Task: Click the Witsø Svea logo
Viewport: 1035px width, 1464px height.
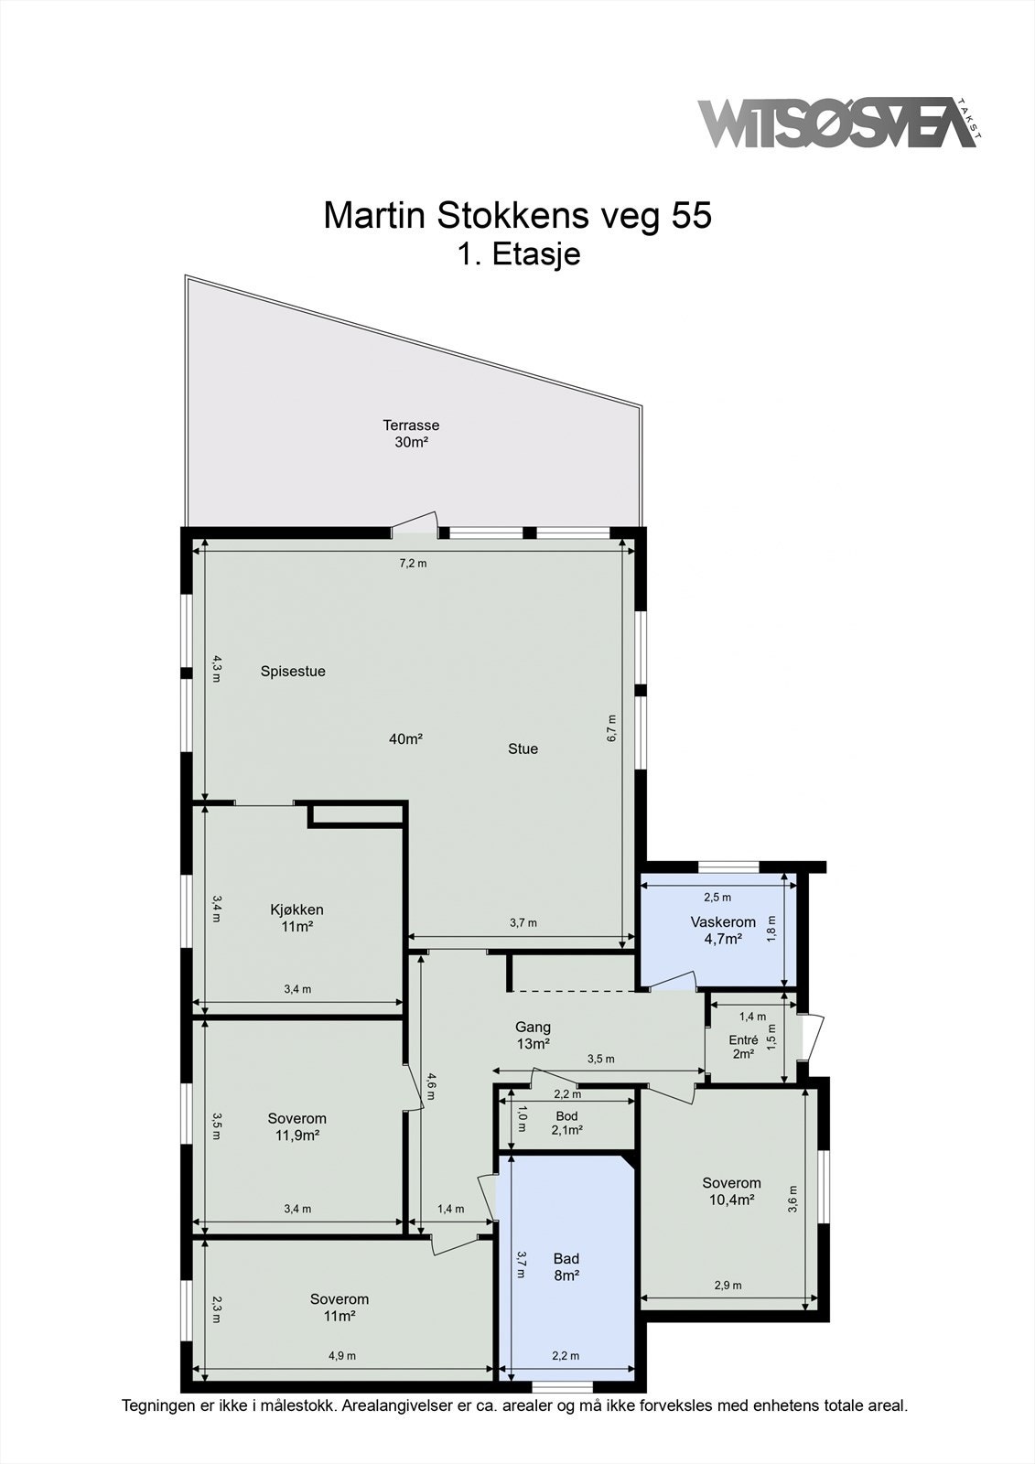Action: tap(837, 124)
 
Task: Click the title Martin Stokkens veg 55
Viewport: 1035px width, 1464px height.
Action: tap(517, 216)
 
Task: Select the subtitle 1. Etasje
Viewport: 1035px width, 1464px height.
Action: tap(519, 254)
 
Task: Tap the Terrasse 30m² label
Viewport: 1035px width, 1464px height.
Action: tap(411, 433)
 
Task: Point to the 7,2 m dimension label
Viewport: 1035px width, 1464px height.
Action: tap(413, 564)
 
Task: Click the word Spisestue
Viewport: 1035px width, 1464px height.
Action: tap(293, 671)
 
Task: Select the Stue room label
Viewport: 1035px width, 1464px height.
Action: tap(523, 748)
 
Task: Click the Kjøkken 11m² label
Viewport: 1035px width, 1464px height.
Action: tap(296, 918)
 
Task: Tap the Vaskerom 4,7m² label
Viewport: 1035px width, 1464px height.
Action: tap(723, 930)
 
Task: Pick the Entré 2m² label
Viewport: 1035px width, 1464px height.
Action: tap(743, 1047)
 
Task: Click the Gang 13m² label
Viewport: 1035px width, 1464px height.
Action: tap(533, 1035)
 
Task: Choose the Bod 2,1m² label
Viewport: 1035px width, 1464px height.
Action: tap(566, 1123)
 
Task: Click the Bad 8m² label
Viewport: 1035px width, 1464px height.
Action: tap(566, 1266)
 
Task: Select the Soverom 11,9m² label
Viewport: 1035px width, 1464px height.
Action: tap(296, 1126)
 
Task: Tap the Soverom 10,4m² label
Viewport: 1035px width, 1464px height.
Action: tap(731, 1190)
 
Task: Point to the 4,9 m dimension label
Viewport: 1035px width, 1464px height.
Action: tap(343, 1356)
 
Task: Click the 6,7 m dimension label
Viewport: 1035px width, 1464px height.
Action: tap(612, 728)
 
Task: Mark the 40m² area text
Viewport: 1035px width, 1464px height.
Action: tap(405, 738)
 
